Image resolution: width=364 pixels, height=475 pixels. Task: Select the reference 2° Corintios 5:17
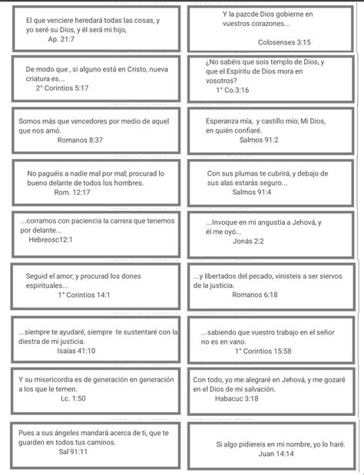pos(62,88)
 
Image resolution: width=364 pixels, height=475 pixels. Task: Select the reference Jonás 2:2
pos(248,240)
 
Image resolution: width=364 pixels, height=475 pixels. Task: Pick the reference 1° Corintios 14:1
pos(84,294)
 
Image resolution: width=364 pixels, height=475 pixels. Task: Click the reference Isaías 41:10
pos(76,351)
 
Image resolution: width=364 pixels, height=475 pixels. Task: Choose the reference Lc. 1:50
pos(73,399)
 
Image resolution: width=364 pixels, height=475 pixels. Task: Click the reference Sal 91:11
pos(73,452)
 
